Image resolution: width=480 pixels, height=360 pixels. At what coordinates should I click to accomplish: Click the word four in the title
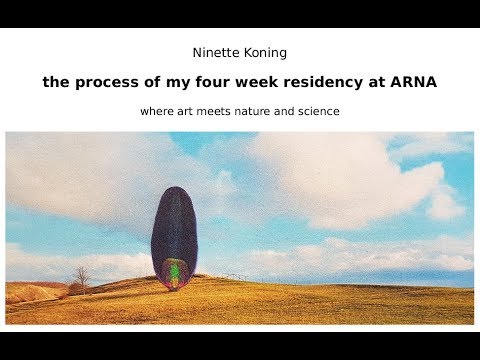tap(203, 83)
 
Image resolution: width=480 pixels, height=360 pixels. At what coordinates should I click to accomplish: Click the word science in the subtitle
tap(318, 111)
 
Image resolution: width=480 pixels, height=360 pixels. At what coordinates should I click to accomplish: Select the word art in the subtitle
tap(187, 111)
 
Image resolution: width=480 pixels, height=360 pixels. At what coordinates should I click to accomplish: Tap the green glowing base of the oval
tap(175, 272)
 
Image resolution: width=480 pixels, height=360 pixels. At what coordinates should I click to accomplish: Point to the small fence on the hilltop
tap(234, 275)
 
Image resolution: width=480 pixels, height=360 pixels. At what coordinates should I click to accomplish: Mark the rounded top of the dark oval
tap(174, 192)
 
